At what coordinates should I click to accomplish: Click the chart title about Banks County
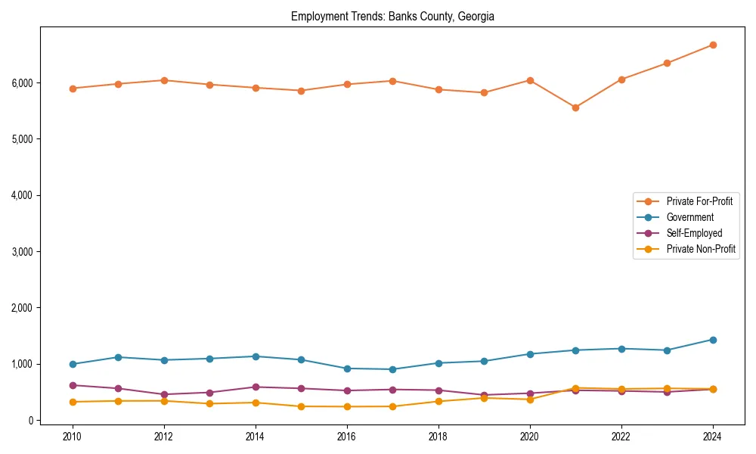[x=392, y=17]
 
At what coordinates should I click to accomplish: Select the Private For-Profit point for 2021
[x=575, y=107]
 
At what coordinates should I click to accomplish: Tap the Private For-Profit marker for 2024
[x=713, y=45]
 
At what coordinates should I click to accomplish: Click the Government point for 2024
[x=713, y=340]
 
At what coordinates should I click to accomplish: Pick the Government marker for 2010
[x=73, y=364]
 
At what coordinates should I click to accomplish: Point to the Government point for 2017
[x=392, y=369]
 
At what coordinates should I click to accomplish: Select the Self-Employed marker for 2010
[x=73, y=385]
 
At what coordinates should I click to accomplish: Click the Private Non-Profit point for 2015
[x=301, y=406]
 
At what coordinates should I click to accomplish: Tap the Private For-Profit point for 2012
[x=164, y=80]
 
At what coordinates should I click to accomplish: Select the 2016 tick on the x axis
[x=347, y=437]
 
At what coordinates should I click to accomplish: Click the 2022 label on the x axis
[x=621, y=437]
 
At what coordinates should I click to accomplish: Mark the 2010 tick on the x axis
[x=73, y=437]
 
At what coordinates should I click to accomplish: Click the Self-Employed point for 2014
[x=256, y=387]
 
